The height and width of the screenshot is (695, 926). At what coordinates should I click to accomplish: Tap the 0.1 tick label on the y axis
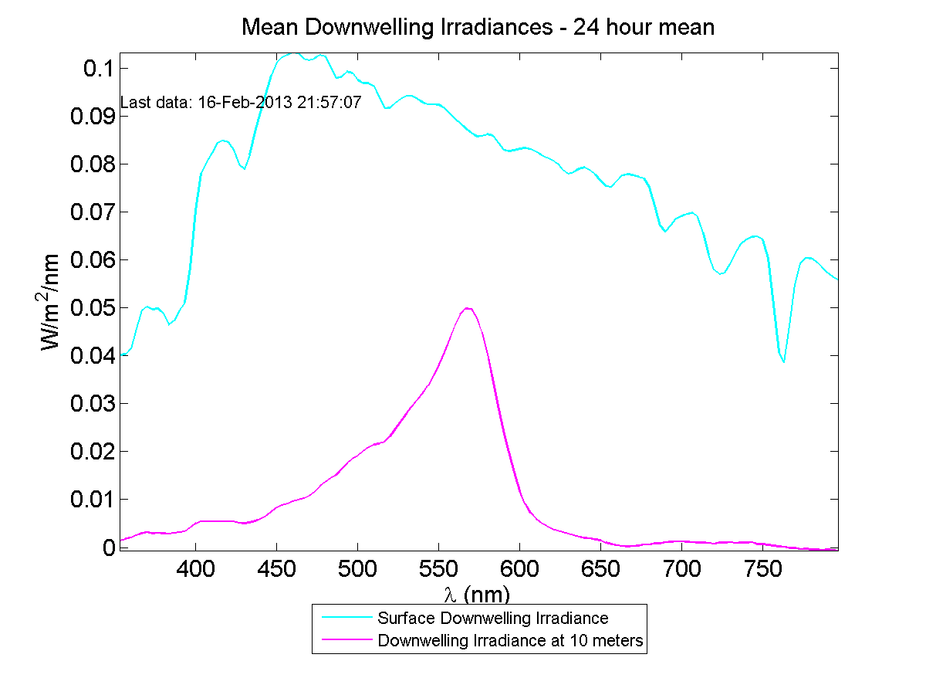coord(93,69)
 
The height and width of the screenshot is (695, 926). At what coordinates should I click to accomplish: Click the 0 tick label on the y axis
coord(106,548)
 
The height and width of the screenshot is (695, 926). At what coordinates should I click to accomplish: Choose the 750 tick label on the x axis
coord(762,570)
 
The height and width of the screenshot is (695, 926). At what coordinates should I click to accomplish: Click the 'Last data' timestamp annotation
coord(241,103)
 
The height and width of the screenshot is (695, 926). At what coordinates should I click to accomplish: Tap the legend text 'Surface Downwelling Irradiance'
coord(492,618)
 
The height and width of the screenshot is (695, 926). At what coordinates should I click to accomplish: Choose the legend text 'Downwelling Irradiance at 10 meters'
coord(510,640)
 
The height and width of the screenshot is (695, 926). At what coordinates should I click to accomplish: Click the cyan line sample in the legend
coord(343,618)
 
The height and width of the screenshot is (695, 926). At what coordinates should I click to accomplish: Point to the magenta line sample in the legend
coord(343,640)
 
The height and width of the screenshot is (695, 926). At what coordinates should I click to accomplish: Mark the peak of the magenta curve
coord(468,308)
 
